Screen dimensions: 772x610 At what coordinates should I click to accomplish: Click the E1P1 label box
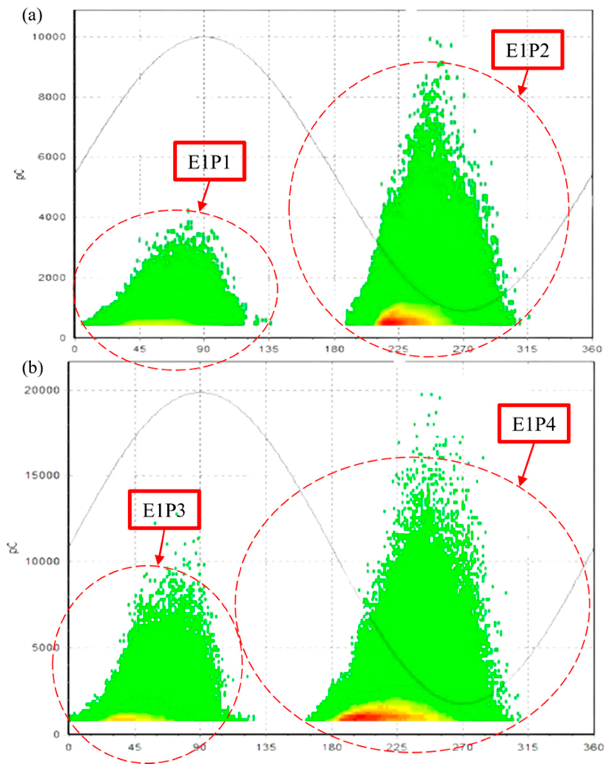click(x=210, y=161)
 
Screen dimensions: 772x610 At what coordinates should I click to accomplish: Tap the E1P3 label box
click(x=164, y=510)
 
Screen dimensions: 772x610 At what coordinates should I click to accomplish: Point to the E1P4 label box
click(x=533, y=424)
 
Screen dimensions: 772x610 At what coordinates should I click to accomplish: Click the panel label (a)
click(x=32, y=16)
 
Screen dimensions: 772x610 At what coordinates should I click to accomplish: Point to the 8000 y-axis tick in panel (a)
click(x=51, y=97)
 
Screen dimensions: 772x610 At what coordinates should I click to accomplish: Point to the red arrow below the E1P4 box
click(x=527, y=464)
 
